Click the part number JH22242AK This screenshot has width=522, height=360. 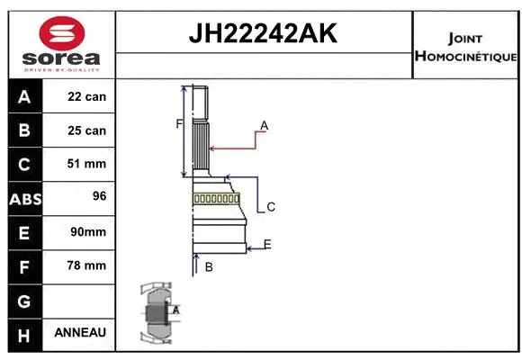coord(262,33)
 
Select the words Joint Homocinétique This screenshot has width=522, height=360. coord(464,48)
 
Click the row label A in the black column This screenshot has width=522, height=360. coord(24,96)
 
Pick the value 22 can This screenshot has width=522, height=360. coord(86,96)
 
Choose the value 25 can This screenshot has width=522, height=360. coord(86,130)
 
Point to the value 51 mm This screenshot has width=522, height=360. coord(86,164)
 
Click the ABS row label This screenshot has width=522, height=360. coord(24,198)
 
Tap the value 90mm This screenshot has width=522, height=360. coord(86,231)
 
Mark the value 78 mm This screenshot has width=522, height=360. coord(86,265)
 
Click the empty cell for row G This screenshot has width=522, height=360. coord(80,299)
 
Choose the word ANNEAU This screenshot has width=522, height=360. coord(80,333)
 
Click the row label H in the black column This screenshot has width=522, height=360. coord(24,333)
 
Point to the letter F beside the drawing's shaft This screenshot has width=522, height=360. coord(179,123)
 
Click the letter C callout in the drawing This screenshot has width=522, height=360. coord(270,207)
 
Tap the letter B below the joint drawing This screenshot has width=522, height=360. coord(209,266)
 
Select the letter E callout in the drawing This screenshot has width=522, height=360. coord(267,244)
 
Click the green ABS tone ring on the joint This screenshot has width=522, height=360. coord(216,199)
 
